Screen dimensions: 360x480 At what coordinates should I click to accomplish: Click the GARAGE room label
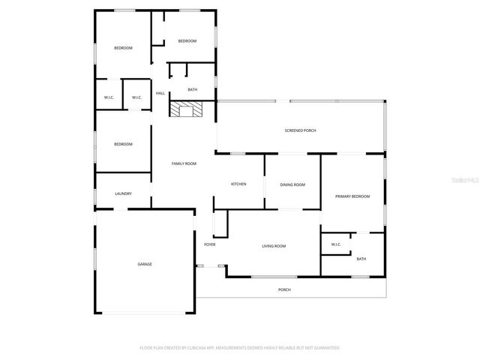pos(144,264)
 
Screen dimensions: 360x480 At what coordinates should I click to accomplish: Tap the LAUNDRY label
pos(124,193)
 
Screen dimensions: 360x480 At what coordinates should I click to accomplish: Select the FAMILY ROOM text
pos(184,163)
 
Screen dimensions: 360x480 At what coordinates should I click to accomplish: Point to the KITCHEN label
pos(238,184)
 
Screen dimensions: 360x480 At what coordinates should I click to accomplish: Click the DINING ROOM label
pos(292,184)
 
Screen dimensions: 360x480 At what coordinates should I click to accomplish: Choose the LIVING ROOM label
pos(274,245)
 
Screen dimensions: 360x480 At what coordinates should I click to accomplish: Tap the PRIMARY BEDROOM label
pos(352,196)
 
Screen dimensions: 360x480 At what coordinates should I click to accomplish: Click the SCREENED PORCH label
pos(300,130)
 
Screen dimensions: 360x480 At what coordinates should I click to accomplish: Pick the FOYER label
pos(210,244)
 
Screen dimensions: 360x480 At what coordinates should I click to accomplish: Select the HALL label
pos(160,93)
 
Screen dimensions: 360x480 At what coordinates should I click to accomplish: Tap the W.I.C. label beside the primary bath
pos(335,244)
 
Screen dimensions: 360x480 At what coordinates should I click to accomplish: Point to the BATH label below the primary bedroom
pos(361,259)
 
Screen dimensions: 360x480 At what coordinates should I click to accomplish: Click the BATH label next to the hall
pos(193,90)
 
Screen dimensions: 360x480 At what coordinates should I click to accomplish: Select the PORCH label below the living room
pos(284,289)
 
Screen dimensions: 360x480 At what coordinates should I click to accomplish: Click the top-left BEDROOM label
pos(123,48)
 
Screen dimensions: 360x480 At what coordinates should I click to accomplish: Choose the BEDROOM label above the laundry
pos(123,144)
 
